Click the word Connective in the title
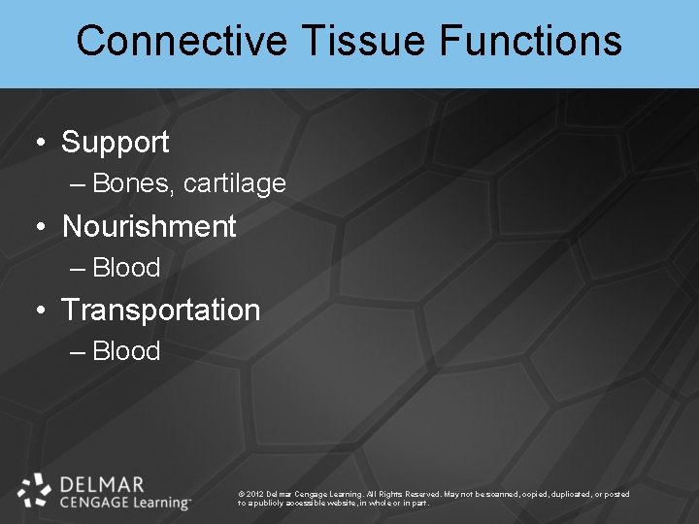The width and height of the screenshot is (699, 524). (182, 42)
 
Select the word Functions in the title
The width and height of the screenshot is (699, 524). (530, 42)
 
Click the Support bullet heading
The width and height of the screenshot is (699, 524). (115, 143)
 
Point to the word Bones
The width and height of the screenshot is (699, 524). (131, 183)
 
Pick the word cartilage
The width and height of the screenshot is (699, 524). (234, 183)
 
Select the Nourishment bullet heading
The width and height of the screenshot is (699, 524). (149, 227)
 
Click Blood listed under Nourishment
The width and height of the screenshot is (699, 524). (126, 268)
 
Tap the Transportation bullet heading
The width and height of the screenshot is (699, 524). (160, 311)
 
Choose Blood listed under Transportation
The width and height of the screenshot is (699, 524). (126, 351)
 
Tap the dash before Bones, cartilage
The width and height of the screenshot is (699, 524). (78, 184)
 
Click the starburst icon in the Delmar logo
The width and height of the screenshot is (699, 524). (34, 490)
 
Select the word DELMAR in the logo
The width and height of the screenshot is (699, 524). (101, 484)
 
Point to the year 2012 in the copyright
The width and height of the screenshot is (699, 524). (256, 494)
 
